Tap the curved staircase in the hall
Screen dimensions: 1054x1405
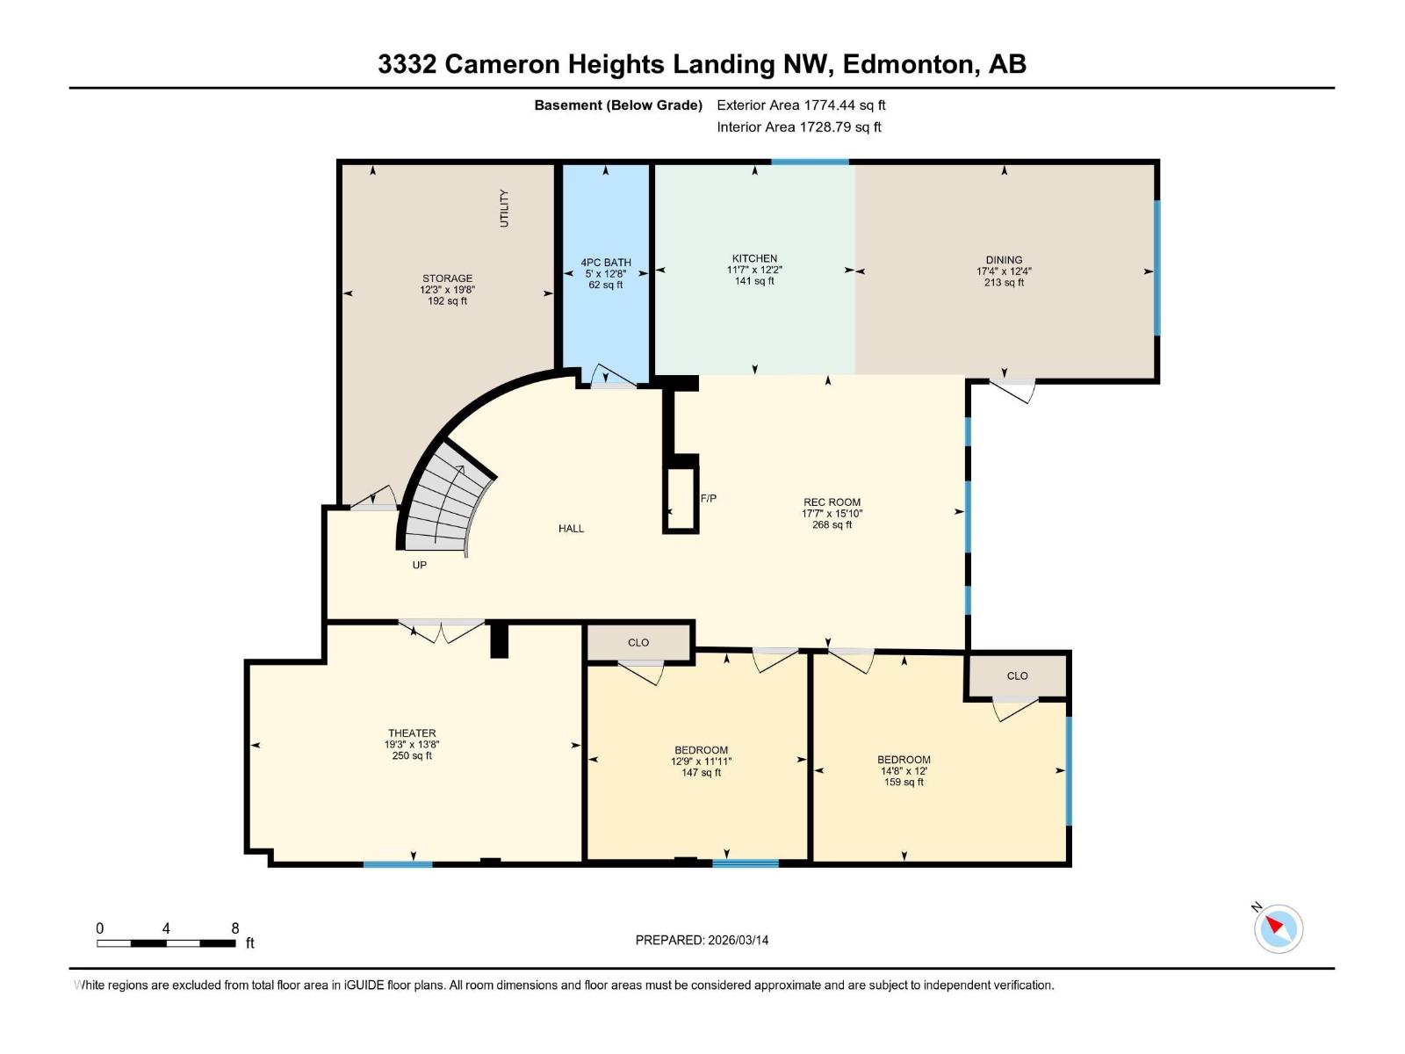pos(448,505)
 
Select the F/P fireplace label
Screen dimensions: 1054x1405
pos(709,498)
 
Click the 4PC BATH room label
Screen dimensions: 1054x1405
pos(606,262)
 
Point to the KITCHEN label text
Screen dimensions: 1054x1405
pos(754,258)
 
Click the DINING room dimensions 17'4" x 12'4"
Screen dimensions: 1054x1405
pos(1004,271)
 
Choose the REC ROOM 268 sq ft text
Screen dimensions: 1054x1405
pos(832,525)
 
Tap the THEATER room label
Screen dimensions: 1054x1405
pos(412,733)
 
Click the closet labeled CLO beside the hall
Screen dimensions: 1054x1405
pos(638,642)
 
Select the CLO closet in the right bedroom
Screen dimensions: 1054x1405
pos(1017,675)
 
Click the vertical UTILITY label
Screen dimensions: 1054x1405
pos(504,208)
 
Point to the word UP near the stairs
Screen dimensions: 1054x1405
pos(420,565)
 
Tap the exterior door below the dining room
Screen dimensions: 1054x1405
pos(1013,389)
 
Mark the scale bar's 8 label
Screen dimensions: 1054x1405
pos(234,928)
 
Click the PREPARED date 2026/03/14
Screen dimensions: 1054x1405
pos(702,940)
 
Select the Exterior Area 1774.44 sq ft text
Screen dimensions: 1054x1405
pos(801,105)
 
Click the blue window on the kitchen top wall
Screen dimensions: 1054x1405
pos(810,162)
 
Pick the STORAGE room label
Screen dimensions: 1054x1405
pos(447,278)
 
